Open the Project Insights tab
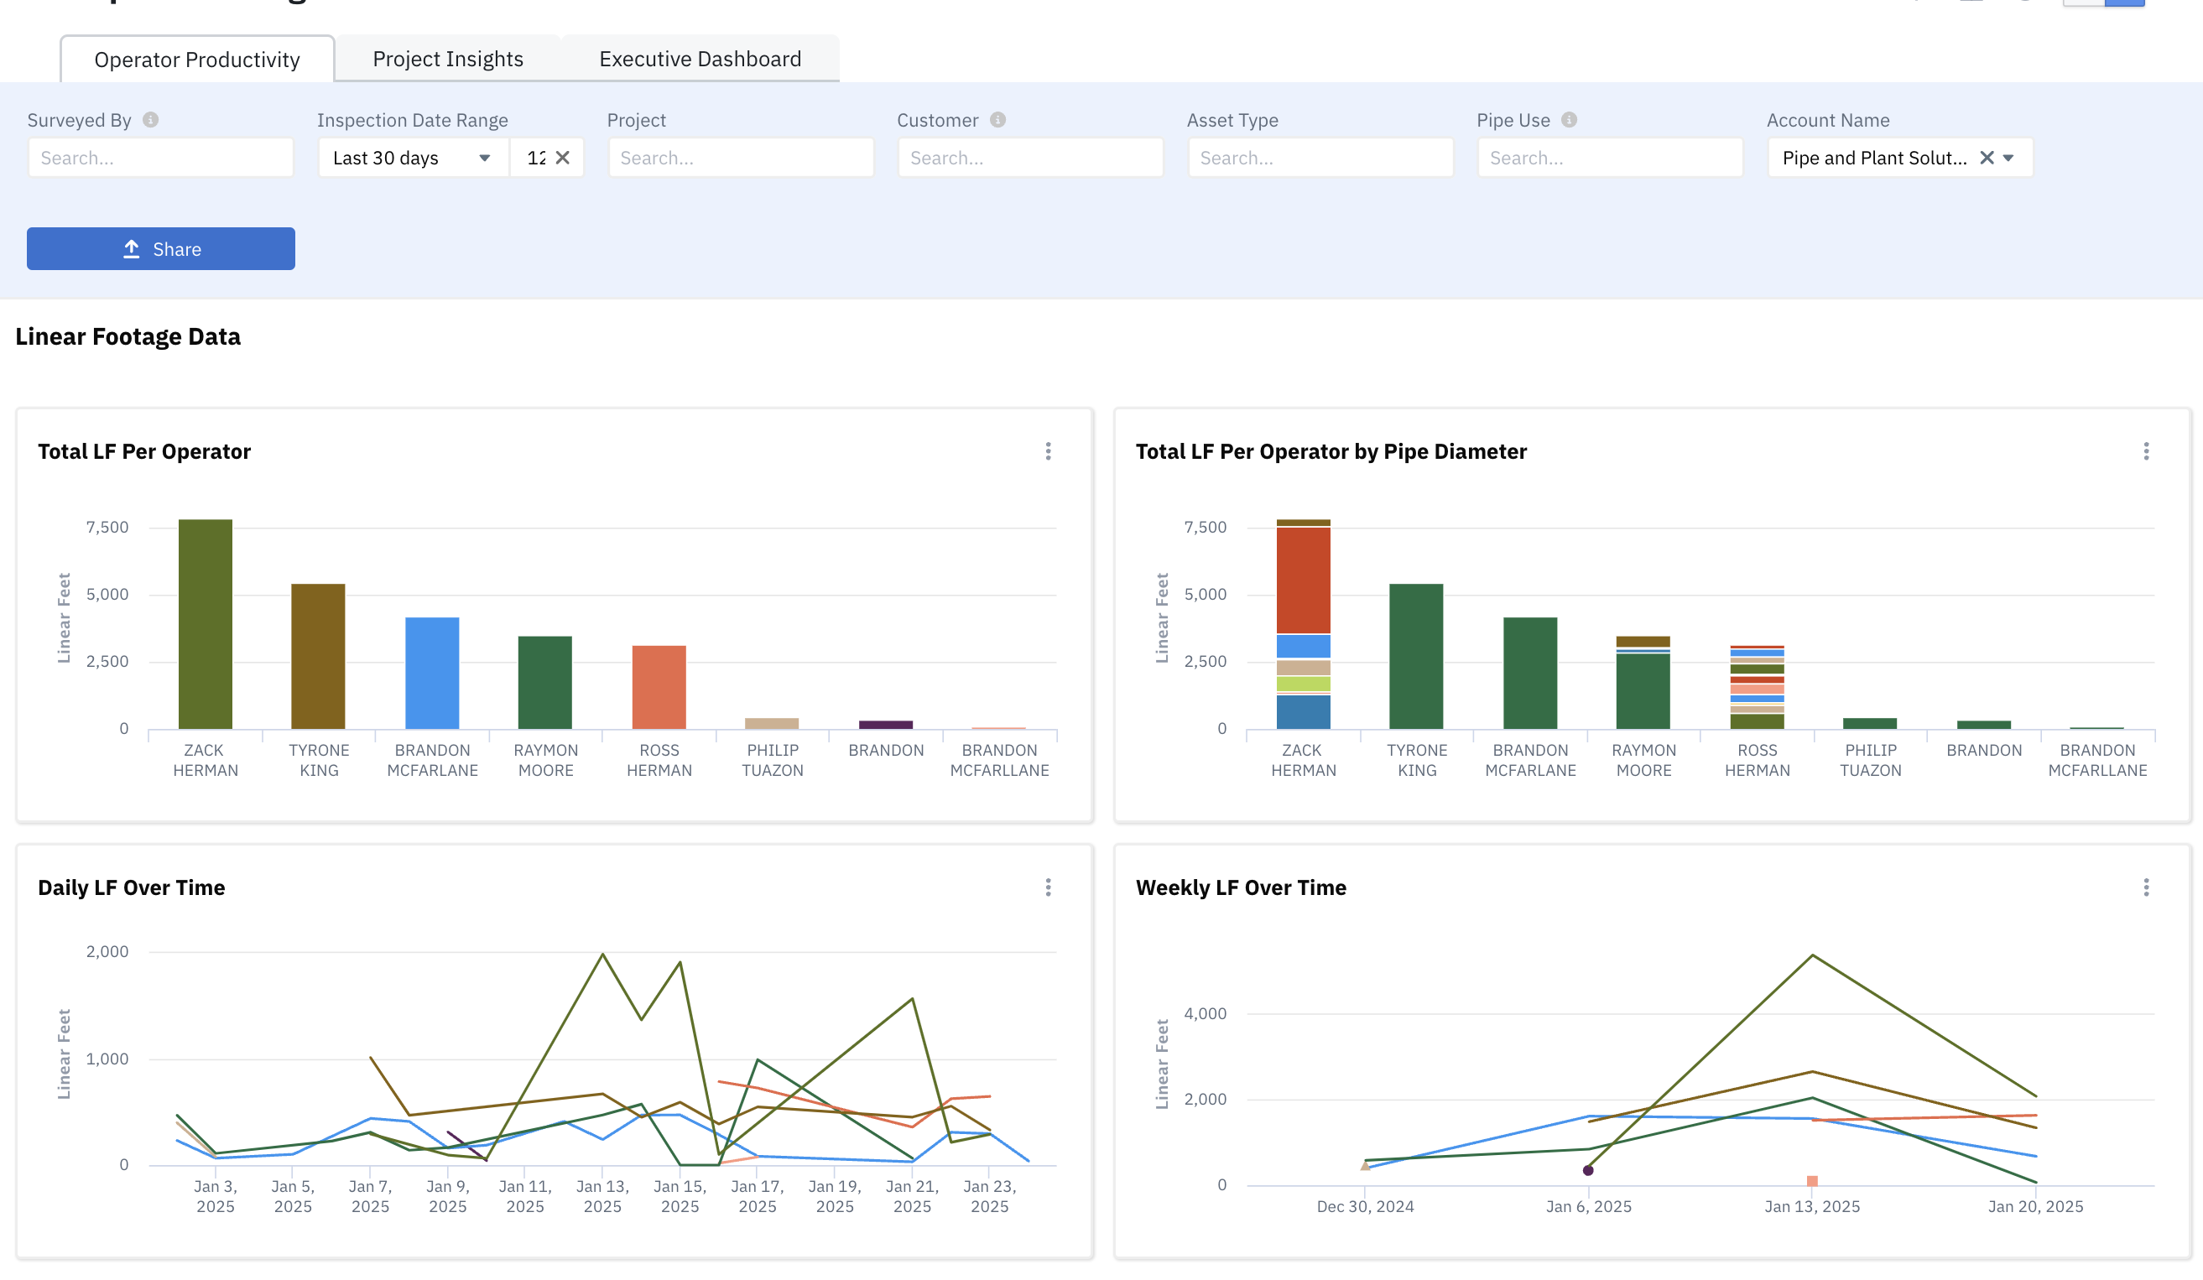(448, 59)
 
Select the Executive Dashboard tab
(700, 59)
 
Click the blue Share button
(161, 249)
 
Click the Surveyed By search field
(161, 159)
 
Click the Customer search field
(1031, 159)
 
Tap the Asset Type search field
(1320, 159)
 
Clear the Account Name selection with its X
(1987, 159)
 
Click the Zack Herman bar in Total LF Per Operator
(206, 624)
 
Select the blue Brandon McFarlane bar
(432, 674)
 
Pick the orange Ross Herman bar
(659, 687)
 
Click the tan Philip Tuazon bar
(772, 723)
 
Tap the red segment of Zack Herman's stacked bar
(1304, 580)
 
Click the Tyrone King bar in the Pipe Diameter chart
(1416, 657)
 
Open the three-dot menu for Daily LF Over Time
(1048, 887)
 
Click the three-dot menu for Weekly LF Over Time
(2146, 887)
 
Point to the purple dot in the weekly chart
(1588, 1170)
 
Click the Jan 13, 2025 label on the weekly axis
(1812, 1206)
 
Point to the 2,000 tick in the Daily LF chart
(107, 951)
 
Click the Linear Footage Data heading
(128, 336)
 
